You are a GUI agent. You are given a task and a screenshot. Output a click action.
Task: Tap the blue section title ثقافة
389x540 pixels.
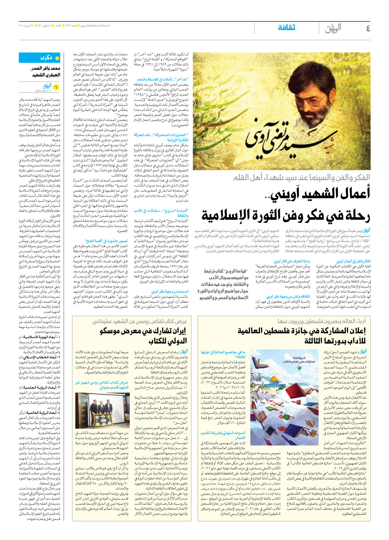tap(286, 28)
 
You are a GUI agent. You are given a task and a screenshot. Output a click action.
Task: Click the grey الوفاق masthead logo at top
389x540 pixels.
tap(333, 28)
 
